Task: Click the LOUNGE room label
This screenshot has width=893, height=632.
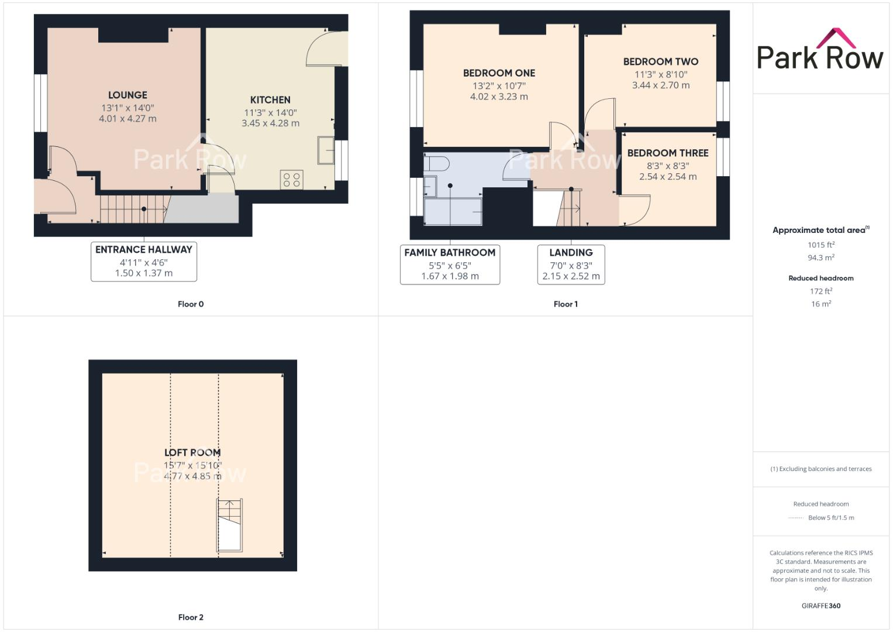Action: pyautogui.click(x=127, y=95)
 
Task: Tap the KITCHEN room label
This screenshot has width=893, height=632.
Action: pyautogui.click(x=270, y=100)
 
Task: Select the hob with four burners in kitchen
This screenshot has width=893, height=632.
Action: pyautogui.click(x=292, y=179)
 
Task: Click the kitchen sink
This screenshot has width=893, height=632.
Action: pyautogui.click(x=325, y=150)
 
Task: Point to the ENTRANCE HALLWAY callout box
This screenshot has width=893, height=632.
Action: pyautogui.click(x=144, y=261)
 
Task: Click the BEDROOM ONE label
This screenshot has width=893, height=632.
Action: pyautogui.click(x=499, y=73)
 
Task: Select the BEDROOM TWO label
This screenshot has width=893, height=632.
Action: pyautogui.click(x=660, y=61)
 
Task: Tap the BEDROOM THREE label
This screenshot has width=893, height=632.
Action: pyautogui.click(x=668, y=153)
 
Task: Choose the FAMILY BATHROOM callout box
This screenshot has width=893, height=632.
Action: pyautogui.click(x=450, y=265)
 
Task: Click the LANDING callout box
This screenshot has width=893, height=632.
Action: pyautogui.click(x=571, y=265)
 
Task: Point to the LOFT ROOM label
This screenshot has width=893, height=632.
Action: pyautogui.click(x=192, y=452)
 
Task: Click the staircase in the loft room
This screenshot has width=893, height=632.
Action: pyautogui.click(x=229, y=525)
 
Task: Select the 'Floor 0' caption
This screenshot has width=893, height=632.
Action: pyautogui.click(x=191, y=304)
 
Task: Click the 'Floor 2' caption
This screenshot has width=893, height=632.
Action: pyautogui.click(x=191, y=617)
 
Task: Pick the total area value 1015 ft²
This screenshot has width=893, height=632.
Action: pyautogui.click(x=821, y=245)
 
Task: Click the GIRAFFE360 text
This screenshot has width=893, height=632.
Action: pyautogui.click(x=820, y=606)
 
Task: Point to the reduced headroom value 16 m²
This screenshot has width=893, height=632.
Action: pyautogui.click(x=821, y=304)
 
